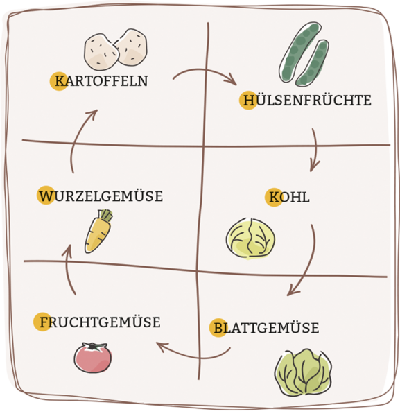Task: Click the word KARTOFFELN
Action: point(101,81)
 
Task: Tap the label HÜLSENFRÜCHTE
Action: point(307,101)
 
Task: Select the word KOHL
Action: point(289,198)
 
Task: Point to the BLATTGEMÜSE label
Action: point(266,328)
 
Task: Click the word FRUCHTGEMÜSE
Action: point(100,322)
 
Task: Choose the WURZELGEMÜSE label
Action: point(101,196)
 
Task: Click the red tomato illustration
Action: point(93,358)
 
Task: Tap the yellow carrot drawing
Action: point(98,232)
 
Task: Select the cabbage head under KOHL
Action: point(250,238)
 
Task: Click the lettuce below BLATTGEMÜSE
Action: point(303,372)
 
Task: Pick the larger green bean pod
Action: point(299,52)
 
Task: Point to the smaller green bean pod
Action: point(313,63)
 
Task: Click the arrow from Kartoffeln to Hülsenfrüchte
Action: point(205,70)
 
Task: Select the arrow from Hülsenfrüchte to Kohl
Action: point(316,150)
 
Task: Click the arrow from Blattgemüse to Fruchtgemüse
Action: point(196,358)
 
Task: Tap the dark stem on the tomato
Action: point(93,346)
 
